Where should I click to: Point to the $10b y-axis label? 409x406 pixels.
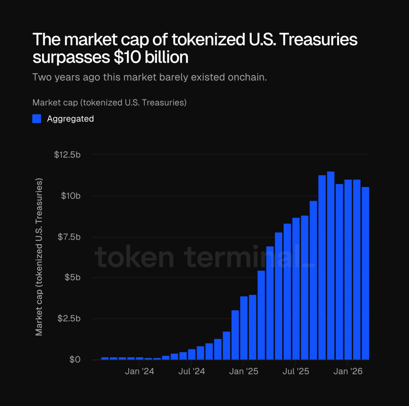(71, 196)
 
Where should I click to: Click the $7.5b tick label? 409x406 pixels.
(69, 237)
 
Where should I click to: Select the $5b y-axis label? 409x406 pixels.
(73, 278)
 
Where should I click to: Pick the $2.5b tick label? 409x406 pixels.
(69, 318)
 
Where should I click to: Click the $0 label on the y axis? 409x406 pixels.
(75, 360)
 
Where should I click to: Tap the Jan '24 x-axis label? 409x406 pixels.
(139, 372)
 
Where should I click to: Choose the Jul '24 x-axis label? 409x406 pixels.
(191, 372)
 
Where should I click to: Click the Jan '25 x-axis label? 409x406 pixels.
(244, 372)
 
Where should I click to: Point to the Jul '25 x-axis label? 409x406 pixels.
(296, 372)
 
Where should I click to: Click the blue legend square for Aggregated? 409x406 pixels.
(37, 118)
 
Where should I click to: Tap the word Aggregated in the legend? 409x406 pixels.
(70, 118)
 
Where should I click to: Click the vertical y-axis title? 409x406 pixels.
(39, 257)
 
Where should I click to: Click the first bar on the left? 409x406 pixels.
(105, 358)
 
